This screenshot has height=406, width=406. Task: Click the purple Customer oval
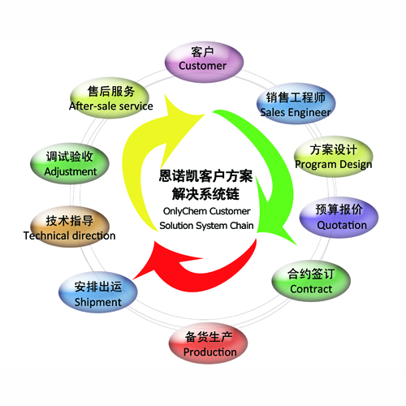pyautogui.click(x=204, y=62)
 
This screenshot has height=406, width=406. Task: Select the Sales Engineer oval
pyautogui.click(x=296, y=103)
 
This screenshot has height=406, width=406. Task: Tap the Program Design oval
pyautogui.click(x=334, y=157)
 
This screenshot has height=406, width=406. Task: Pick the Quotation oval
pyautogui.click(x=339, y=217)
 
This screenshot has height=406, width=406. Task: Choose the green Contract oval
pyautogui.click(x=311, y=281)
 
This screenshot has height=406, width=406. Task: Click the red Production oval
pyautogui.click(x=209, y=343)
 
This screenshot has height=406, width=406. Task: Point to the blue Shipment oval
pyautogui.click(x=98, y=292)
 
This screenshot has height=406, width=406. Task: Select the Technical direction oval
pyautogui.click(x=70, y=227)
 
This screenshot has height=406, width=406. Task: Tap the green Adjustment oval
pyautogui.click(x=70, y=163)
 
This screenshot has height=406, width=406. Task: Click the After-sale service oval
pyautogui.click(x=110, y=97)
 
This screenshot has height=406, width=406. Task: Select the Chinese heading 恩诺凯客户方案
pyautogui.click(x=205, y=176)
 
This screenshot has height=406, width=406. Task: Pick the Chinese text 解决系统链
pyautogui.click(x=205, y=194)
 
